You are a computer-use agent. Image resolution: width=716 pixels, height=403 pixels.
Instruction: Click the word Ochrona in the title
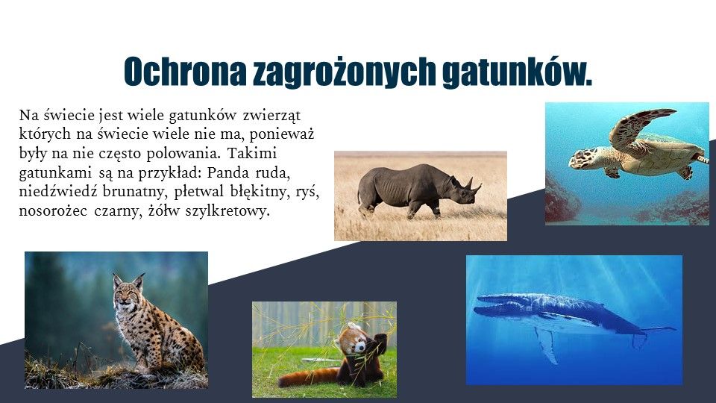click(185, 72)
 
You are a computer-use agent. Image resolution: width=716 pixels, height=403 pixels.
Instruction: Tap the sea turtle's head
click(581, 157)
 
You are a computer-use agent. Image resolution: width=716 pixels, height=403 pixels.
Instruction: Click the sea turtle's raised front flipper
click(636, 125)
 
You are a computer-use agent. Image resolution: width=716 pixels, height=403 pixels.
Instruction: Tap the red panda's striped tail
click(309, 378)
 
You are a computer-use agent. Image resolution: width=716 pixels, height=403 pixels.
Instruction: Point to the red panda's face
click(357, 343)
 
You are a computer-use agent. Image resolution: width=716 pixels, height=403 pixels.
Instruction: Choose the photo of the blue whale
click(574, 320)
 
